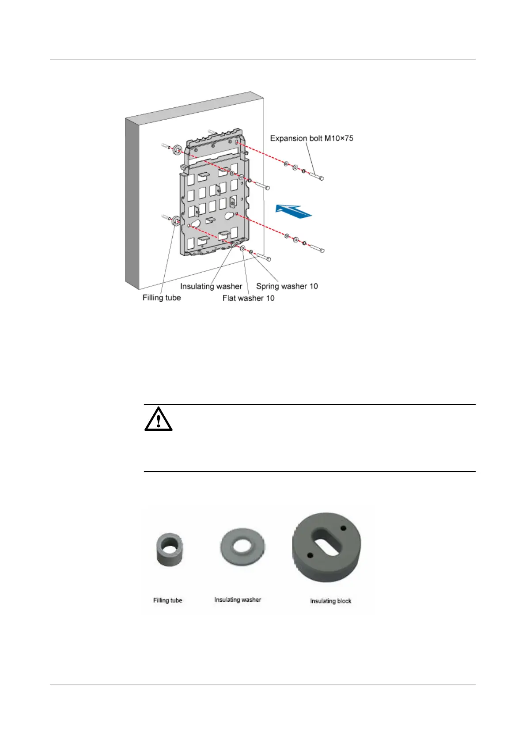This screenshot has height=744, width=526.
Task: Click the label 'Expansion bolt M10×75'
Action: (311, 138)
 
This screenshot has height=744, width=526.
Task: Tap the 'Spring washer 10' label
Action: (287, 286)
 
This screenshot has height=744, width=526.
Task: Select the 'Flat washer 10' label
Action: (248, 298)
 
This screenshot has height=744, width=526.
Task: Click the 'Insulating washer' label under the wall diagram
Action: (211, 286)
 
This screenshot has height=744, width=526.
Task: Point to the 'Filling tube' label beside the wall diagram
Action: (162, 298)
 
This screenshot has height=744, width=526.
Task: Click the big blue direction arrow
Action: (293, 211)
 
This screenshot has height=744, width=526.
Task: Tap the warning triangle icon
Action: (158, 419)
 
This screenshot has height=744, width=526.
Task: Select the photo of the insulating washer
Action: (242, 547)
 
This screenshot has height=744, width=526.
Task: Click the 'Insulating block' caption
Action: (330, 601)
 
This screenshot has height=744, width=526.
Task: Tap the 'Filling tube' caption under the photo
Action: (167, 600)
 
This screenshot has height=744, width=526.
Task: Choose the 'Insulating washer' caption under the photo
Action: (238, 600)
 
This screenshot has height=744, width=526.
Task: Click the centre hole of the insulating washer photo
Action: (242, 546)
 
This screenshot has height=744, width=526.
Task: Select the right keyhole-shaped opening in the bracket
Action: (230, 216)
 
